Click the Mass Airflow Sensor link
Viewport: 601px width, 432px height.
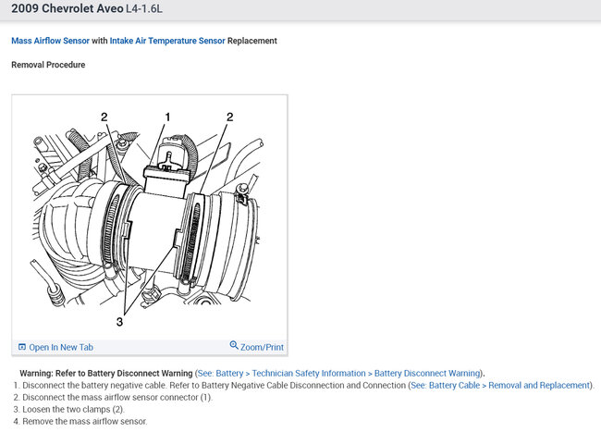(50, 41)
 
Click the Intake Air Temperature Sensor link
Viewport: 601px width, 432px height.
(167, 41)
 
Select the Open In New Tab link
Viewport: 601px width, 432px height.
(61, 347)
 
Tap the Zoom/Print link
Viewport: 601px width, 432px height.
(262, 347)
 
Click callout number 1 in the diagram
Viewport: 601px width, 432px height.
(167, 117)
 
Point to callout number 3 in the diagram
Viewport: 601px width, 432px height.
(119, 322)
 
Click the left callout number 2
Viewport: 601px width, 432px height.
(104, 117)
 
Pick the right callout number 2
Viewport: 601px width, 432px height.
(229, 117)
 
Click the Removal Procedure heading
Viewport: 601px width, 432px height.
(48, 65)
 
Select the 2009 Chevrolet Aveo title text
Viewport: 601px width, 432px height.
(67, 8)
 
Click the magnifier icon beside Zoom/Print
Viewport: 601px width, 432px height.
(234, 345)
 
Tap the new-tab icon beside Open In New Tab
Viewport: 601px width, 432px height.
(22, 347)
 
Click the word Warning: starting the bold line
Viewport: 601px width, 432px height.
(36, 374)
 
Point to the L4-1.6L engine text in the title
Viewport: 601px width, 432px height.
(144, 8)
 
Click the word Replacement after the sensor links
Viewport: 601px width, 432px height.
(252, 41)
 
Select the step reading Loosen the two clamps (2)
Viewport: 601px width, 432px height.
(74, 410)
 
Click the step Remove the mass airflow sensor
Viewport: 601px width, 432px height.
(85, 421)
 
